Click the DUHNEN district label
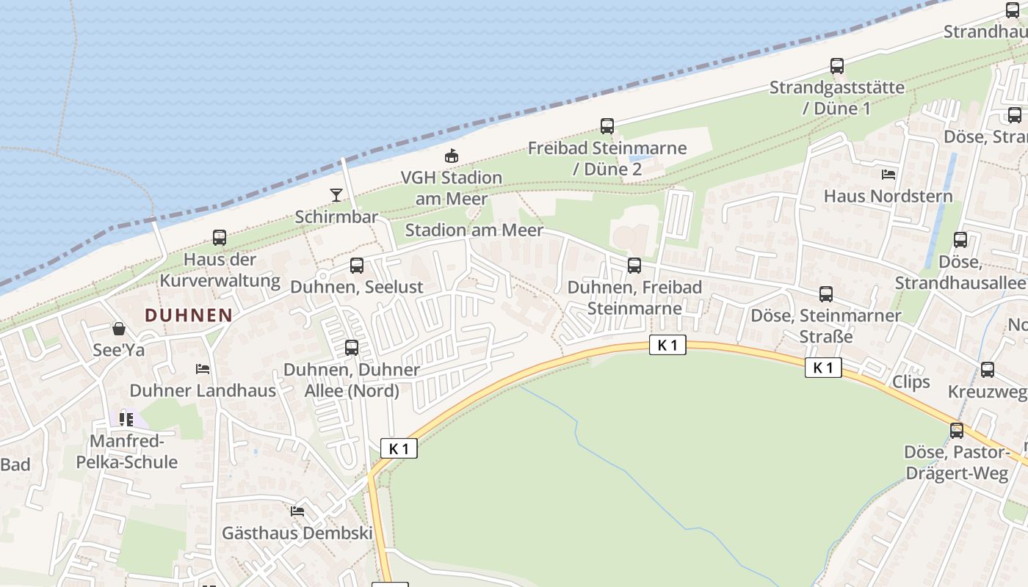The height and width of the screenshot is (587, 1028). pos(189,316)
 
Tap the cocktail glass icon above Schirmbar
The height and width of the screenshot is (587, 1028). pos(336,194)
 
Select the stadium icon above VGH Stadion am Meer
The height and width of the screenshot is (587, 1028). pos(452,156)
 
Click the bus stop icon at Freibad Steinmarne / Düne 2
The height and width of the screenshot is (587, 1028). pos(607,126)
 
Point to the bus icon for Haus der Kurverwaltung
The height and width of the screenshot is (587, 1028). pos(220,238)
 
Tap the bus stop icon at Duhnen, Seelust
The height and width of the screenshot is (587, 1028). pos(357,266)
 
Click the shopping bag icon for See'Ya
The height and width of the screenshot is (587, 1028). pos(119,329)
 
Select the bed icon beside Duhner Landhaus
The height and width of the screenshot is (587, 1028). pos(203,368)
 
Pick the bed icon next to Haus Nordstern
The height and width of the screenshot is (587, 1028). pos(888,175)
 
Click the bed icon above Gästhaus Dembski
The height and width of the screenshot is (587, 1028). pos(297,511)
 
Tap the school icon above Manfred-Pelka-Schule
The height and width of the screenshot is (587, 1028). pos(126,419)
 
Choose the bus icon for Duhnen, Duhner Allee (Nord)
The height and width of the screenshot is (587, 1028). pos(352,348)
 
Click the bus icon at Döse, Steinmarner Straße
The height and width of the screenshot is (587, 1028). pos(826,294)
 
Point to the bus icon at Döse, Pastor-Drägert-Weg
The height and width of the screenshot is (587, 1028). pos(957,431)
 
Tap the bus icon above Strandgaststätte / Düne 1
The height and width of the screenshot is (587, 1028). pos(837,66)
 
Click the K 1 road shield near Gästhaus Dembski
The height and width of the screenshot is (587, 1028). pos(399,448)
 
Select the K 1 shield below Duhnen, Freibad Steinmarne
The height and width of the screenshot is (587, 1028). pos(667,345)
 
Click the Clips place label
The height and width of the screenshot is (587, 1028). pos(911,382)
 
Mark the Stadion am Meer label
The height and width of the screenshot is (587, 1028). pos(474,230)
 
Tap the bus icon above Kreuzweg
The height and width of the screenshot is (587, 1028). pos(988,370)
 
